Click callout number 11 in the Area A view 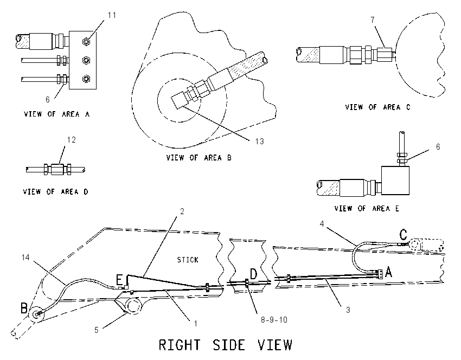(112, 15)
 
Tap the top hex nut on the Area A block (86, 42)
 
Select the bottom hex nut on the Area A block (86, 79)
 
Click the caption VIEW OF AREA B (199, 158)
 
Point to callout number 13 (259, 142)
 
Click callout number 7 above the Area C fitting (373, 20)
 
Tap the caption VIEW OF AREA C (378, 107)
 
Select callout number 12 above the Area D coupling (72, 139)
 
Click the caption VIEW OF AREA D (55, 191)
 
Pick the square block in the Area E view (395, 180)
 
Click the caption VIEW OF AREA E (367, 208)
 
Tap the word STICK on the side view (188, 260)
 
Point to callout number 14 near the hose (25, 258)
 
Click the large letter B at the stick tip (24, 308)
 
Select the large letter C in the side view (403, 235)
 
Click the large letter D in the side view (253, 274)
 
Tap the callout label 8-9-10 (274, 319)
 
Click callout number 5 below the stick (97, 330)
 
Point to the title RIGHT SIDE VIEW (226, 345)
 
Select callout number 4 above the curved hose (322, 224)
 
